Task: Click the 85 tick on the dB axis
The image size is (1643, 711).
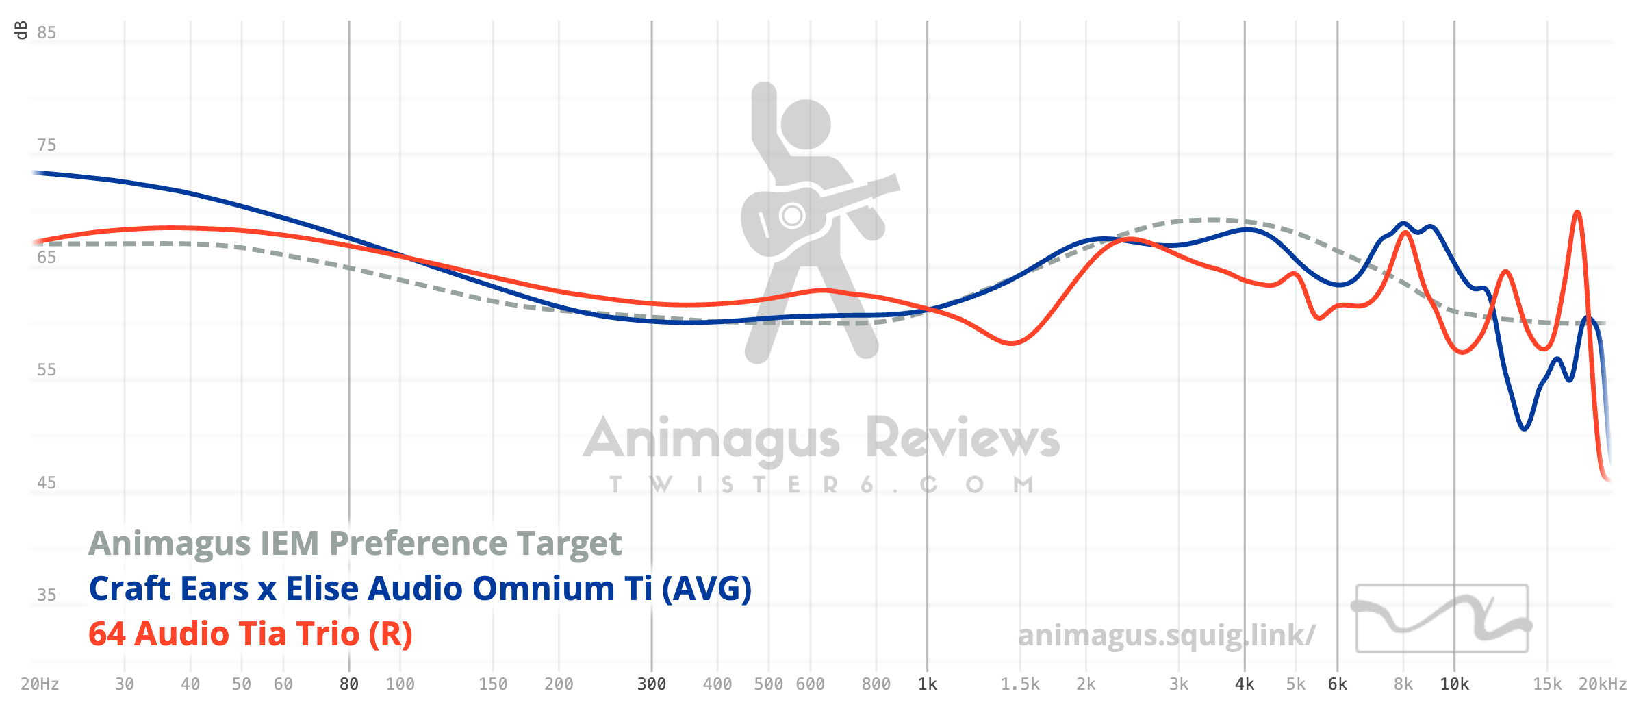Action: tap(47, 33)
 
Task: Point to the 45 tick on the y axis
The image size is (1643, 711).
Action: tap(47, 483)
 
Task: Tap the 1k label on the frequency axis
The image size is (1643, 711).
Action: tap(928, 684)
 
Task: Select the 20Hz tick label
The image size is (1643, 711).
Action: tap(40, 684)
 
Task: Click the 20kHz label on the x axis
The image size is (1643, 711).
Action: tap(1603, 684)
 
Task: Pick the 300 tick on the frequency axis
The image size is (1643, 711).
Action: tap(652, 684)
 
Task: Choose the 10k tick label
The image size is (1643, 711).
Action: tap(1455, 684)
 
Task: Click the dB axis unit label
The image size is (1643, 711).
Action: tap(21, 30)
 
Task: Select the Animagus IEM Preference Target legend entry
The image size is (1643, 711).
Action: tap(355, 543)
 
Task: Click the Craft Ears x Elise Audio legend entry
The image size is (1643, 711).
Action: tap(420, 588)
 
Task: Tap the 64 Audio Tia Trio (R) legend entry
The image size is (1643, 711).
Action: tap(251, 634)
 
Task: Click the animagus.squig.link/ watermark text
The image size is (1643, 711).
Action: tap(1166, 635)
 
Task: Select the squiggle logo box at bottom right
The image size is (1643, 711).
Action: tap(1442, 619)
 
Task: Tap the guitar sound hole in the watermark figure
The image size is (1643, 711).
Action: tap(792, 216)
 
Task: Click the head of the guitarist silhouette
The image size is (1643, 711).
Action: tap(806, 124)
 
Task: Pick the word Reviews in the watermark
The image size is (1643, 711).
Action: tap(963, 438)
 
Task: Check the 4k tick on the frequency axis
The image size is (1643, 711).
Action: tap(1245, 684)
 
